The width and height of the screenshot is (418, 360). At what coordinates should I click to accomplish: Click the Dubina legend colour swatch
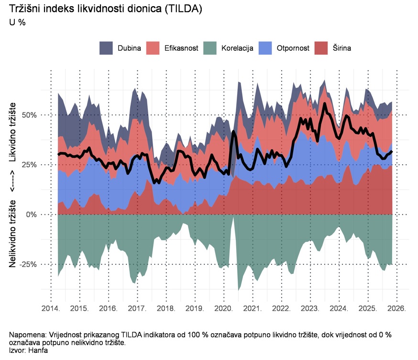(106, 48)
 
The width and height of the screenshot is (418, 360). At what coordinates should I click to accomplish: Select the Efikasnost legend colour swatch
(153, 48)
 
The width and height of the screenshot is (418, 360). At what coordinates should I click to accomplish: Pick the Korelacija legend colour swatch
(210, 48)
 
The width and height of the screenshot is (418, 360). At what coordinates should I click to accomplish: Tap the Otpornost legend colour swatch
(265, 48)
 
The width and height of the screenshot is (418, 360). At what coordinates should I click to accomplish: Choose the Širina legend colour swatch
(321, 48)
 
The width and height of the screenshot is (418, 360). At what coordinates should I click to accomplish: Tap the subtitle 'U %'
(17, 22)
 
